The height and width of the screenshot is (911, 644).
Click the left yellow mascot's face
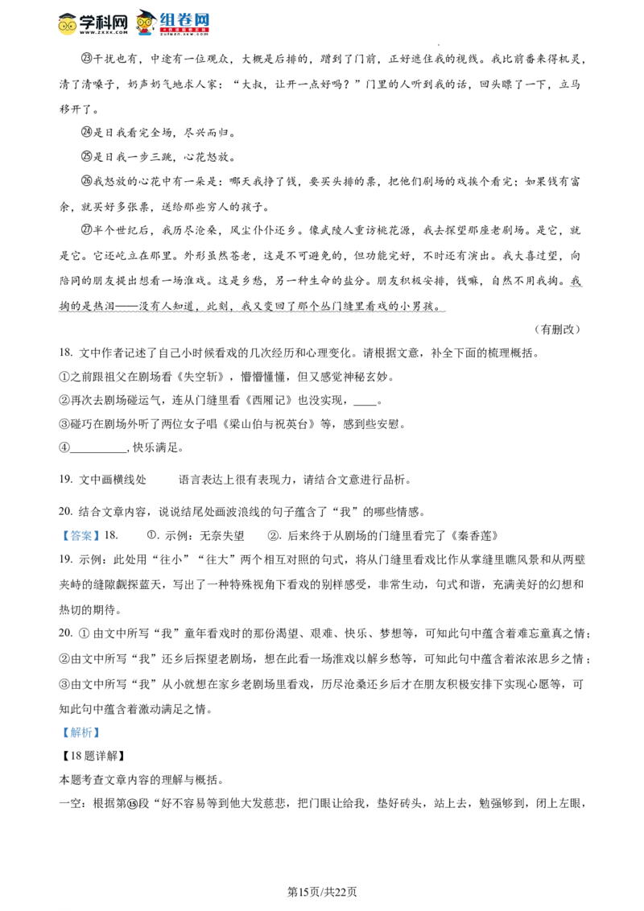point(68,28)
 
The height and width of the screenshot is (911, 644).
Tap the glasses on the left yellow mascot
point(68,26)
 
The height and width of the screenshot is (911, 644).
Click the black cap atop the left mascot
point(68,14)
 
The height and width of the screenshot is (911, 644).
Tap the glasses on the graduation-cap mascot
point(145,23)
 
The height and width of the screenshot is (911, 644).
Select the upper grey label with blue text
point(81,537)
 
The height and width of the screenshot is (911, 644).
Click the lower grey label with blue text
point(81,732)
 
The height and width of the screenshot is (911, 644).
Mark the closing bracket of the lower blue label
point(97,732)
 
